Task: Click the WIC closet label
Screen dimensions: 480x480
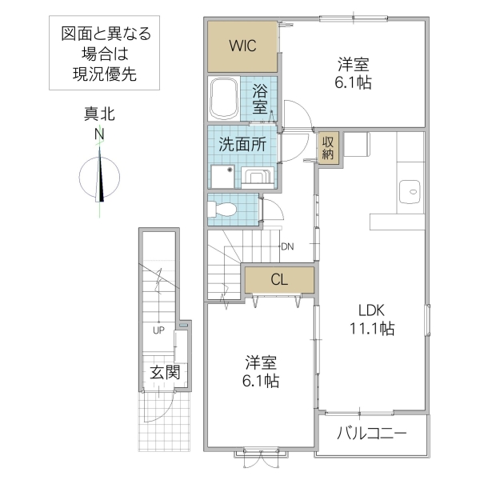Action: coord(242,46)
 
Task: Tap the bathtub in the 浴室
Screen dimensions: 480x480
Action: coord(222,98)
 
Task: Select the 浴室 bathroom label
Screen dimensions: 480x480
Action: coord(260,98)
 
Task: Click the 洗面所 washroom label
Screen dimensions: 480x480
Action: coord(242,146)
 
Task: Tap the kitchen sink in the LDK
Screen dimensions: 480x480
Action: coord(411,190)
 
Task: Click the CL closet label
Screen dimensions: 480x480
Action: coord(278,279)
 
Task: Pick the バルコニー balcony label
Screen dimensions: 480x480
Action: coord(371,434)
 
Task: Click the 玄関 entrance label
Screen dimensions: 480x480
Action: coord(163,372)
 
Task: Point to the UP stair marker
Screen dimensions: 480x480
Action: coord(159,330)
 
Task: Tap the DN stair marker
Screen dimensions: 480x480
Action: coord(287,246)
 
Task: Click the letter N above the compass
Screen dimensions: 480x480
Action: coord(99,134)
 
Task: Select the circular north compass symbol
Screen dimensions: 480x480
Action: coord(99,177)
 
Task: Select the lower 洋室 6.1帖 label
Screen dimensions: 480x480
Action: coord(262,373)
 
